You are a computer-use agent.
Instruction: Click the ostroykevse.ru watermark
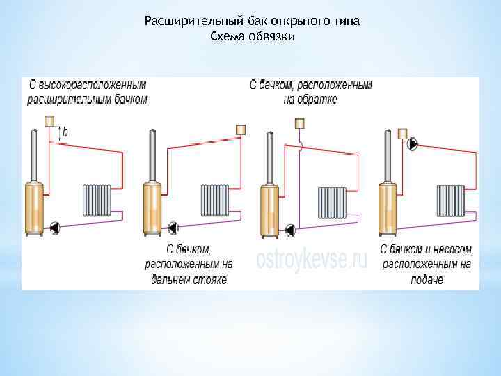tap(311, 260)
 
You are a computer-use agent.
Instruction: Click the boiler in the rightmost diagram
tap(388, 207)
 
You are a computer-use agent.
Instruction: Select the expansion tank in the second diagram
tap(241, 129)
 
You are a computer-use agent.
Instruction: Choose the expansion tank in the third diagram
tap(300, 124)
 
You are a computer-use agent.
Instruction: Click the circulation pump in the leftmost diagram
tap(55, 226)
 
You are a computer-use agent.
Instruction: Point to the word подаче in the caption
tap(426, 280)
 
